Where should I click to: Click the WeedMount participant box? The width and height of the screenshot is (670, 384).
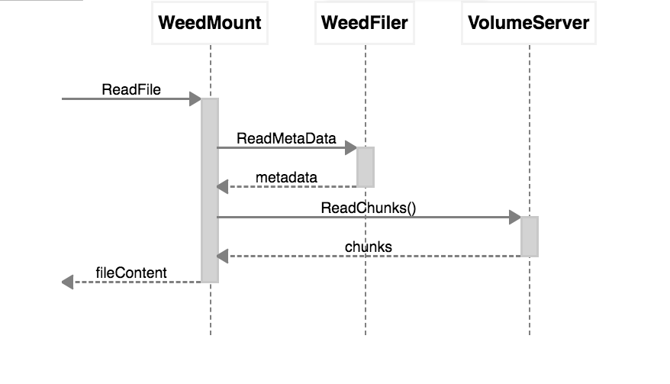coord(210,23)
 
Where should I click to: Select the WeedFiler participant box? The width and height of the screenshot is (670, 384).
coord(365,23)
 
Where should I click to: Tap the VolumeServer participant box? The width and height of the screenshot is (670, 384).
coord(529,23)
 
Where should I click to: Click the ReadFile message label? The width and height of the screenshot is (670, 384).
coord(131,89)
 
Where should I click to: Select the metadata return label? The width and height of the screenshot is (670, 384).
coord(286,177)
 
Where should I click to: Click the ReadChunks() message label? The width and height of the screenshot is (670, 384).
coord(369,208)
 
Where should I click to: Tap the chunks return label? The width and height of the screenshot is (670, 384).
coord(369,247)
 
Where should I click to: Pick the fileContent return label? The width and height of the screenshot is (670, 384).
coord(131,273)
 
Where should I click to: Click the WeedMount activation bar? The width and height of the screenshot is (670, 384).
coord(210,190)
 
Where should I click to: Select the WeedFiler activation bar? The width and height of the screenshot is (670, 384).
coord(366,166)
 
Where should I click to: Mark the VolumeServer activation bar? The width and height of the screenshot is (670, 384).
coord(530,236)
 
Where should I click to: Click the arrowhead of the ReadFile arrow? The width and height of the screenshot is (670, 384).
coord(195,99)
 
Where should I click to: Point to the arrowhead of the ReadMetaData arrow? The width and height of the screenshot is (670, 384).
coord(351,147)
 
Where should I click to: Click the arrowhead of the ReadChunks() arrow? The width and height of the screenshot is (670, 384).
coord(515,218)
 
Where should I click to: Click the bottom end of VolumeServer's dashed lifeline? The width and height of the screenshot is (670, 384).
coord(530,334)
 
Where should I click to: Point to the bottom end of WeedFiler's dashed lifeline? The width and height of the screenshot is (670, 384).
coord(366,334)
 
